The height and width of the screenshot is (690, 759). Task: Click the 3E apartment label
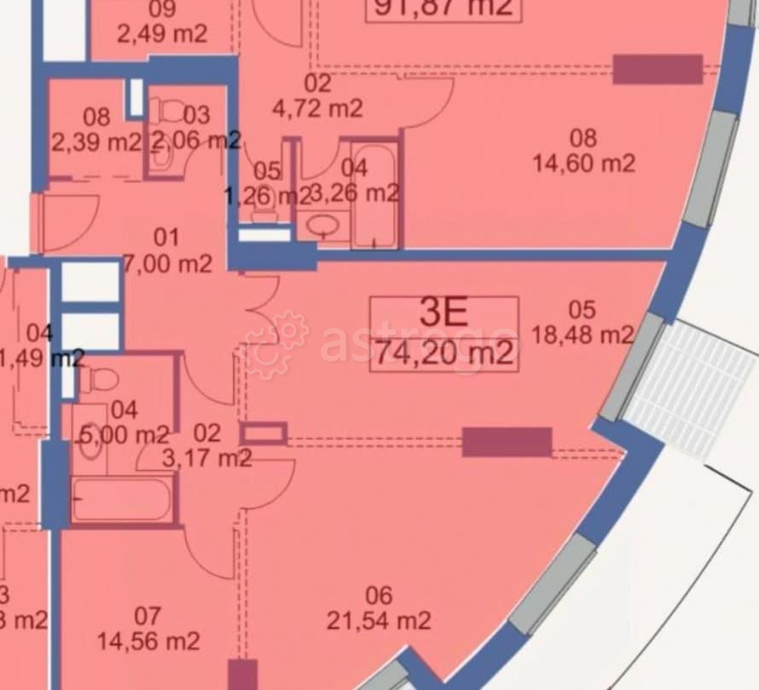pos(444,313)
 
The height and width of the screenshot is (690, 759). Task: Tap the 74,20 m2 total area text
pos(444,351)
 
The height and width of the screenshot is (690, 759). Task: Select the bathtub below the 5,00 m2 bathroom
pos(121,500)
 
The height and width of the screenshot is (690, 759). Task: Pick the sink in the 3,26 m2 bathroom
pos(323,227)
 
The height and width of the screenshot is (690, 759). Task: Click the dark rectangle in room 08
pos(658,69)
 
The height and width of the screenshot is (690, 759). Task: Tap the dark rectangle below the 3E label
pos(507,441)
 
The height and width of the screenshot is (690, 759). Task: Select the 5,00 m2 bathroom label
pos(125,423)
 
